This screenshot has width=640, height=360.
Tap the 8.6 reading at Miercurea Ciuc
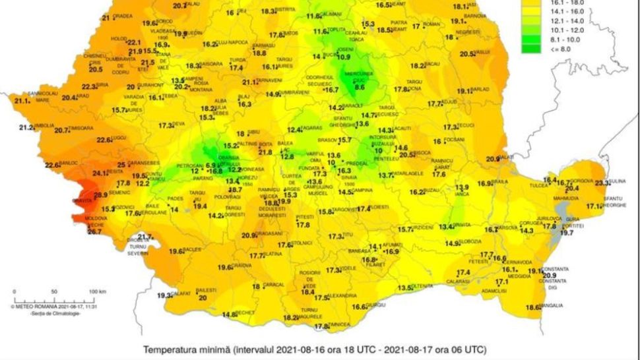[360, 87]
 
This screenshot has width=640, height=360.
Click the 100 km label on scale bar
[98, 291]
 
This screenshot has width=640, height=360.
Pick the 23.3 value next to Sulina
[602, 183]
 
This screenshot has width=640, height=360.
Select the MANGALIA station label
[552, 305]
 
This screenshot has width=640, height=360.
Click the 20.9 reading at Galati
[493, 159]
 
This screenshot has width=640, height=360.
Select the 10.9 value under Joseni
[344, 57]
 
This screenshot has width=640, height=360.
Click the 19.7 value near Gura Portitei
[567, 233]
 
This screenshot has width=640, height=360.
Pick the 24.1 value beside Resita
[99, 173]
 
